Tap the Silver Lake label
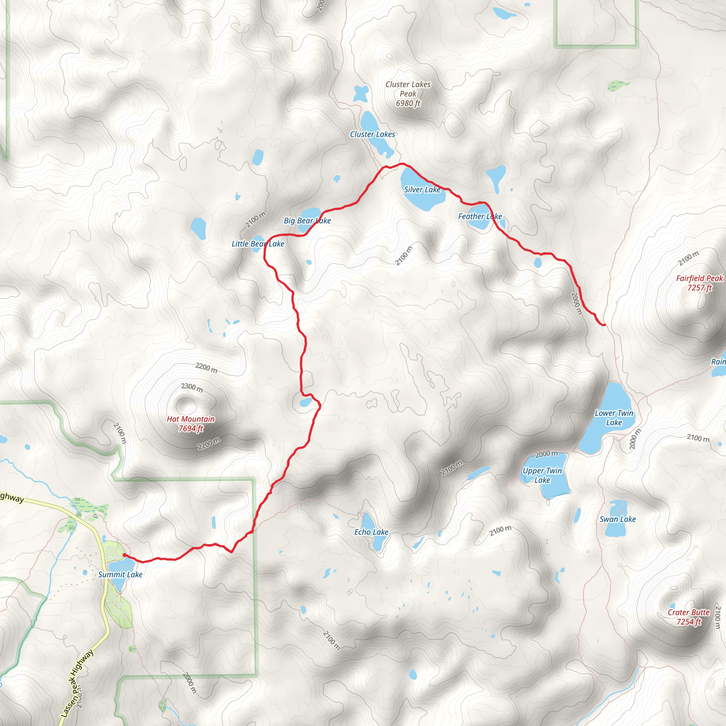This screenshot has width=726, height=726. pyautogui.click(x=422, y=190)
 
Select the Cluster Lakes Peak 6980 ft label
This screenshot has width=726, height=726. pyautogui.click(x=408, y=94)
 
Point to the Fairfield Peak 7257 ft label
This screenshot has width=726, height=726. pyautogui.click(x=699, y=283)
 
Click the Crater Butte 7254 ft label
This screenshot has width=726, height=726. pyautogui.click(x=689, y=617)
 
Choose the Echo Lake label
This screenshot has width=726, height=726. pyautogui.click(x=371, y=532)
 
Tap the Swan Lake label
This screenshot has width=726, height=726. pyautogui.click(x=618, y=519)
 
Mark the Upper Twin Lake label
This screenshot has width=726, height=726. pyautogui.click(x=542, y=475)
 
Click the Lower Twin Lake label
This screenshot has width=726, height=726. pyautogui.click(x=614, y=418)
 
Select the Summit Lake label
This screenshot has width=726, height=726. pyautogui.click(x=120, y=575)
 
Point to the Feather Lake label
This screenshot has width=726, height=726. pyautogui.click(x=480, y=217)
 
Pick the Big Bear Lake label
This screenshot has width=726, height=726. pyautogui.click(x=307, y=220)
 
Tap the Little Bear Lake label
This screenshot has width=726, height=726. pyautogui.click(x=258, y=244)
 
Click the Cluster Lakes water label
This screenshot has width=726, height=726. pyautogui.click(x=373, y=134)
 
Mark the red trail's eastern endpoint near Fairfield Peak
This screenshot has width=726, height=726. pyautogui.click(x=604, y=325)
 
